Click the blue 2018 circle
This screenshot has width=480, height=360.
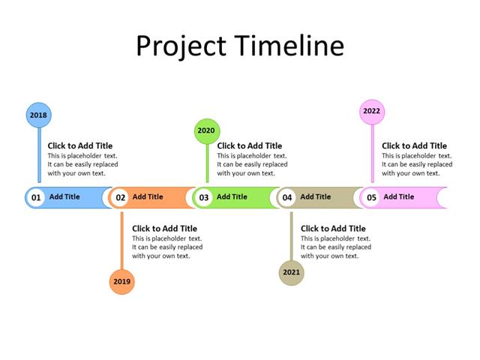[x=38, y=115]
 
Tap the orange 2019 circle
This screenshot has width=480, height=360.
[x=121, y=281]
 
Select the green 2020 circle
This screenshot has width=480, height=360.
[x=206, y=130]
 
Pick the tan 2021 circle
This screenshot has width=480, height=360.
[x=292, y=272]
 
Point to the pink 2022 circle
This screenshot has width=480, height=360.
[x=371, y=111]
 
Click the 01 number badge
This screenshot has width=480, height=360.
[x=35, y=198]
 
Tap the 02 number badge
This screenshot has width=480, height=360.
[x=119, y=198]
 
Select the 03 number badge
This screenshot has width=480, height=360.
[x=203, y=198]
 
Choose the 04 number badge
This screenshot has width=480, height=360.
[x=287, y=198]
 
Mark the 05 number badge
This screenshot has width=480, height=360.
[x=370, y=198]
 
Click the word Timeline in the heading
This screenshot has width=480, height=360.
[x=289, y=46]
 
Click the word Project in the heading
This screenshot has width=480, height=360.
[x=181, y=46]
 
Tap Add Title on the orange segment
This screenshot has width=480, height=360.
[x=148, y=197]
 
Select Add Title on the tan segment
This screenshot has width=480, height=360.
[x=316, y=197]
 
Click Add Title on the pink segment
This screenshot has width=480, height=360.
[x=399, y=197]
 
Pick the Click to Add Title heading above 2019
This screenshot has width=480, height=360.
[x=165, y=229]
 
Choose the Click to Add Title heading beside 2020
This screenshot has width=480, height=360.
[x=250, y=146]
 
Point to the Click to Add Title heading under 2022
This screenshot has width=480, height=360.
[x=414, y=146]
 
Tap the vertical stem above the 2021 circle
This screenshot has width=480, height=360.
[x=292, y=235]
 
